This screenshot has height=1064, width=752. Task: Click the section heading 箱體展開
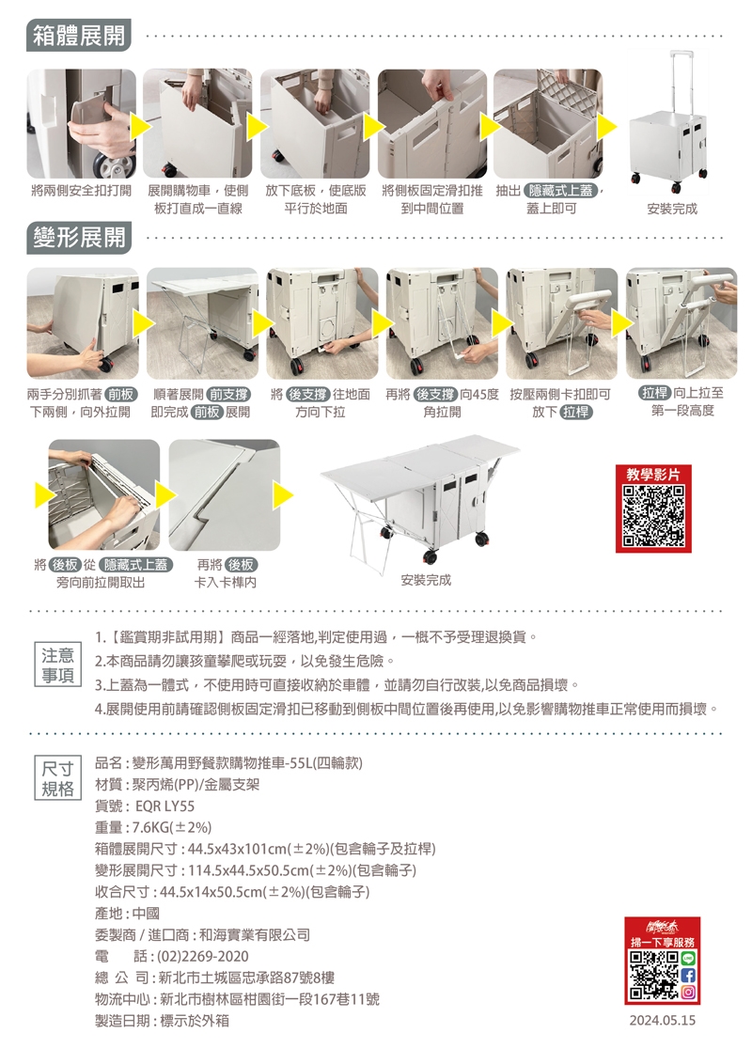pyautogui.click(x=79, y=36)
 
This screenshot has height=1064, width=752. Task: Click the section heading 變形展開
pyautogui.click(x=79, y=238)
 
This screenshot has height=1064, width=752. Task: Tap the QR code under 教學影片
pyautogui.click(x=653, y=516)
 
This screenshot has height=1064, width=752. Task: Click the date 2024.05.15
pyautogui.click(x=662, y=1021)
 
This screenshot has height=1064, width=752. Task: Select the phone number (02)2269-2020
pyautogui.click(x=203, y=956)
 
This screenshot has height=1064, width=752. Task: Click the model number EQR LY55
pyautogui.click(x=164, y=806)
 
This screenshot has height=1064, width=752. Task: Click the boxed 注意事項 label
pyautogui.click(x=57, y=665)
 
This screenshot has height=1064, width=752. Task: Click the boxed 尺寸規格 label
pyautogui.click(x=57, y=778)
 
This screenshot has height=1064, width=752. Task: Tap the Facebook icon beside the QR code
pyautogui.click(x=687, y=976)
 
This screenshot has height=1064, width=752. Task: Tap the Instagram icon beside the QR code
pyautogui.click(x=687, y=993)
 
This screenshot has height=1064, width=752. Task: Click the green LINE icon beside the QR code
pyautogui.click(x=687, y=959)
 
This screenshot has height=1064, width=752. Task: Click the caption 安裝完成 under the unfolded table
pyautogui.click(x=426, y=580)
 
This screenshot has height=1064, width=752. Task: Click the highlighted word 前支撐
pyautogui.click(x=228, y=394)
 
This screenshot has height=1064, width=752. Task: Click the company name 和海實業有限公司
pyautogui.click(x=254, y=934)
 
